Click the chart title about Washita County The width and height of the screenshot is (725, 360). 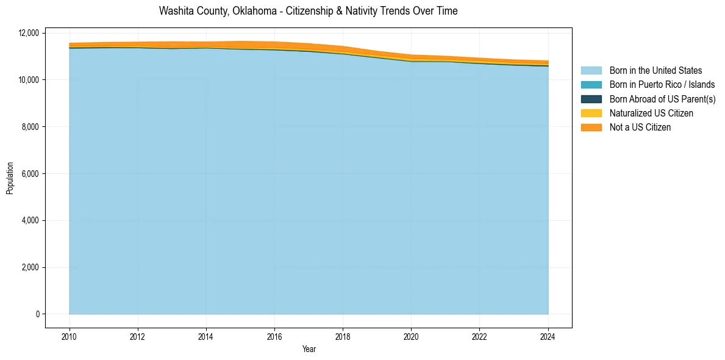(x=308, y=11)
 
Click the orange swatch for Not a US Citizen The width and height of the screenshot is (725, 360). (x=591, y=128)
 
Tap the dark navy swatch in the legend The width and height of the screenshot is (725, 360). (x=591, y=99)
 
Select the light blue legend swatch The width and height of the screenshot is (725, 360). (x=591, y=71)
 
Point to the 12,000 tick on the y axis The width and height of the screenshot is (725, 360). (x=29, y=33)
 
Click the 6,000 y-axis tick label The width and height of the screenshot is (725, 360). (x=30, y=174)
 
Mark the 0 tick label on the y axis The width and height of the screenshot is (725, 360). (x=37, y=314)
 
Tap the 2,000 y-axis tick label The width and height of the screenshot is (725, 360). (x=30, y=267)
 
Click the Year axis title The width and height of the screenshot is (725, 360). (x=309, y=349)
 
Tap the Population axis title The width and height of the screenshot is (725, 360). (x=10, y=178)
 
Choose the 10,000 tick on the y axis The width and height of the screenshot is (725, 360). (x=29, y=80)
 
